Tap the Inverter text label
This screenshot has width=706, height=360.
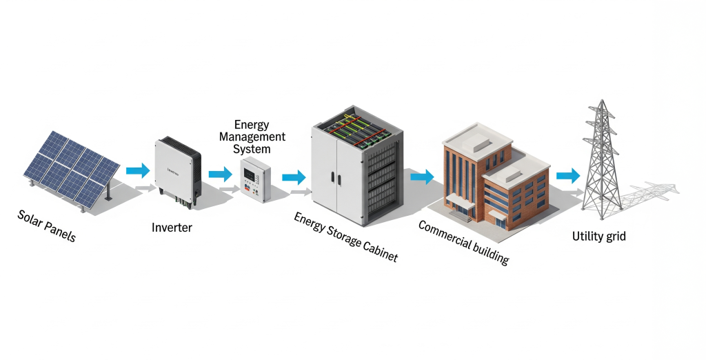172,226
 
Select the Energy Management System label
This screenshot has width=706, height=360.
252,137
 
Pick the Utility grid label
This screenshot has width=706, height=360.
599,237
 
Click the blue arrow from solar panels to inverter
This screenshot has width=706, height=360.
138,170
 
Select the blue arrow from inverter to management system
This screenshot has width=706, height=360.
220,174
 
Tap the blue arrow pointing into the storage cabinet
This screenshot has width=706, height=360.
294,178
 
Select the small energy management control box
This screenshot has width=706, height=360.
256,177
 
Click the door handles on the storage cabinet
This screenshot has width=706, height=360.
335,176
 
